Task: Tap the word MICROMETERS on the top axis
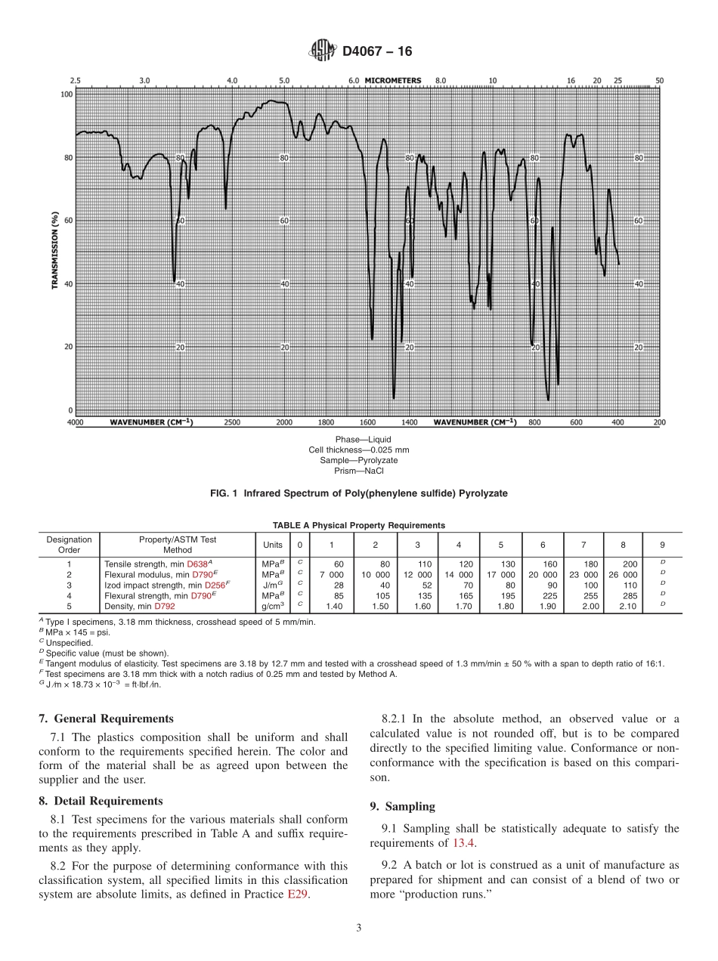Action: pos(393,80)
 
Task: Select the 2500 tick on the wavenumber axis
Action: pos(233,422)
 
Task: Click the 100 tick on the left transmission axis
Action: pos(67,94)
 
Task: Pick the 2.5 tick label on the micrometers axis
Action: pos(76,80)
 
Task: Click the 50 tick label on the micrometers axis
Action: pos(659,80)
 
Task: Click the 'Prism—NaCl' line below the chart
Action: pos(359,471)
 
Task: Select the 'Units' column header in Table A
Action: pos(273,545)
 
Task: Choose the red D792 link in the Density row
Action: pos(165,606)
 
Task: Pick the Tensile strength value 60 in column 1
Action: pos(339,564)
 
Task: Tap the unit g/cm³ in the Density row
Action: pos(273,606)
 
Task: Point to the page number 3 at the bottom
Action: pos(359,928)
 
